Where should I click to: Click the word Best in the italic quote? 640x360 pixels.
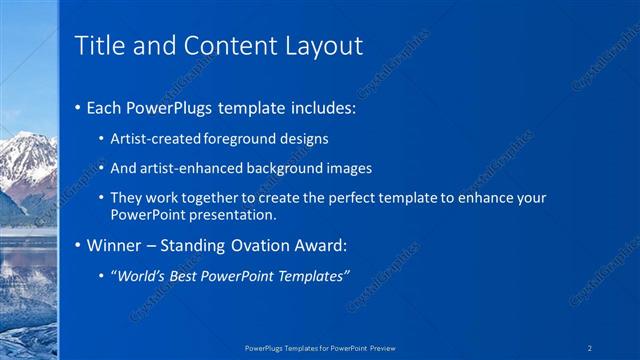(x=188, y=275)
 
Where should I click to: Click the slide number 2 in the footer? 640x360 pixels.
(x=591, y=348)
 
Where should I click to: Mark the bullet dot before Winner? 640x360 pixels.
(x=79, y=245)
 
